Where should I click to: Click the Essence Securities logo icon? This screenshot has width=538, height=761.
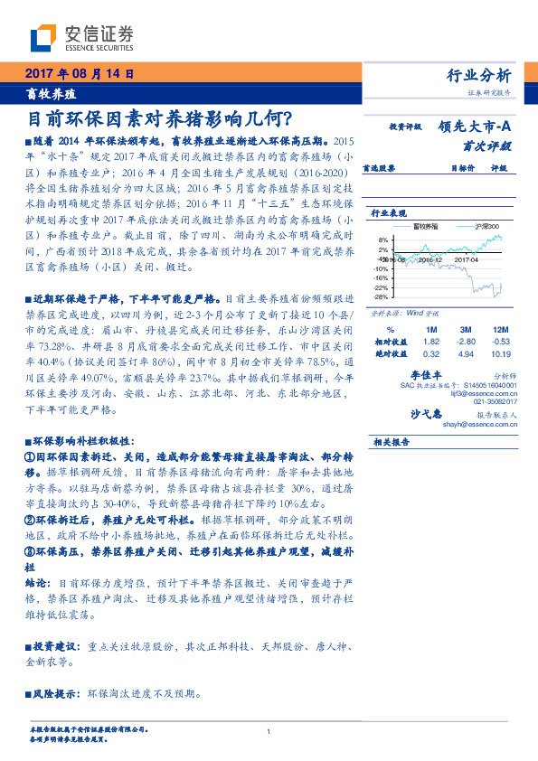(42, 39)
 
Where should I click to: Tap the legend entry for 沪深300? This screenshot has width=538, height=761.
(485, 227)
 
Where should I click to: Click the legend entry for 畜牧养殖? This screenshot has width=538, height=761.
(429, 227)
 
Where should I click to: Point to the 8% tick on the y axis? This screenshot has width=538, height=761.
(383, 240)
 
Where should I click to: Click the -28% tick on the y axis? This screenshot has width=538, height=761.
(381, 296)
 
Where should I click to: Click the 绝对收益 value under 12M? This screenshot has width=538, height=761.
(502, 355)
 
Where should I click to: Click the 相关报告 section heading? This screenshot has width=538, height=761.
(392, 442)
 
